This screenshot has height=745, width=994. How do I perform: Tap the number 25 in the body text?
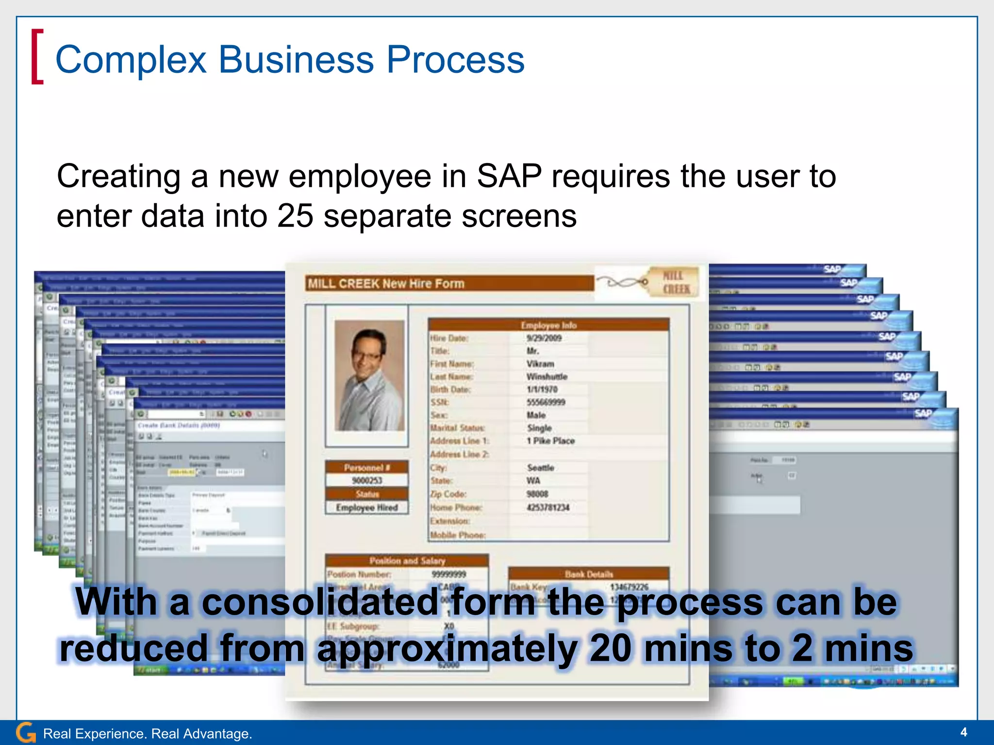(295, 216)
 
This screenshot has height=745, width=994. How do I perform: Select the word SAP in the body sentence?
(509, 176)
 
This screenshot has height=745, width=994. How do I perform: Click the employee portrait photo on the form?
(369, 375)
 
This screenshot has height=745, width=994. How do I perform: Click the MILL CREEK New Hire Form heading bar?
(449, 283)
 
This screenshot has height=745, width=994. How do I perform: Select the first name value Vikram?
(540, 364)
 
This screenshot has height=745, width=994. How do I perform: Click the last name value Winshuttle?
(547, 377)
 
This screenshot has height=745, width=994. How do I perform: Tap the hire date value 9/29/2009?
(544, 338)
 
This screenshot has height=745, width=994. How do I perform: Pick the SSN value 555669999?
(546, 402)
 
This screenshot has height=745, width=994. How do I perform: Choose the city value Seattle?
(541, 468)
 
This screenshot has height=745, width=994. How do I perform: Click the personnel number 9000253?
(367, 480)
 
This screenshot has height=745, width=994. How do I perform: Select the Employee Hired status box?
(367, 507)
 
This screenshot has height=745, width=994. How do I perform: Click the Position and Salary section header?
(407, 561)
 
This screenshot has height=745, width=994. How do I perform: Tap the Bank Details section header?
(589, 574)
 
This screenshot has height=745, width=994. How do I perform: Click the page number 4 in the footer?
(963, 732)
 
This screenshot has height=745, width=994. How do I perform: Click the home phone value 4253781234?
(548, 507)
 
